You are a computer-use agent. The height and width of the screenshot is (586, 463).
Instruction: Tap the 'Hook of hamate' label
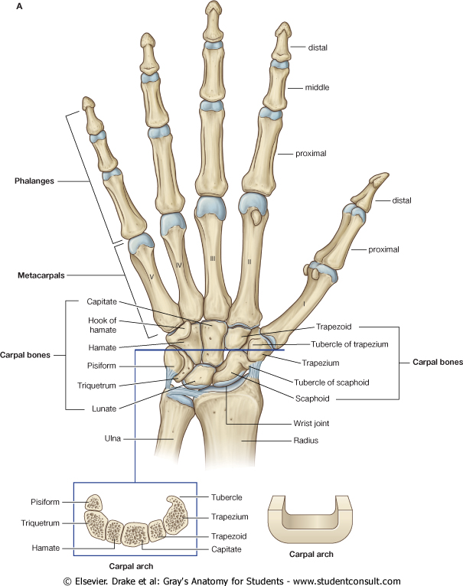tap(101, 324)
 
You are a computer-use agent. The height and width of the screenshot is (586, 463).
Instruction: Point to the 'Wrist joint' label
tap(311, 422)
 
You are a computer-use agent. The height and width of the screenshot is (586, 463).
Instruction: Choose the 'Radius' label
tap(306, 441)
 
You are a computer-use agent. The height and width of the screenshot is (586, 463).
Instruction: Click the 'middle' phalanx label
tap(317, 88)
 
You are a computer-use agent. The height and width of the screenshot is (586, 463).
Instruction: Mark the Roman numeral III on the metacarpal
tap(212, 259)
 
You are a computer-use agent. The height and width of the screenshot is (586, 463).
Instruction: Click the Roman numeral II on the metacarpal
tap(249, 262)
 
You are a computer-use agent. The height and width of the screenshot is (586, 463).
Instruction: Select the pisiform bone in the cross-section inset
tap(94, 503)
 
